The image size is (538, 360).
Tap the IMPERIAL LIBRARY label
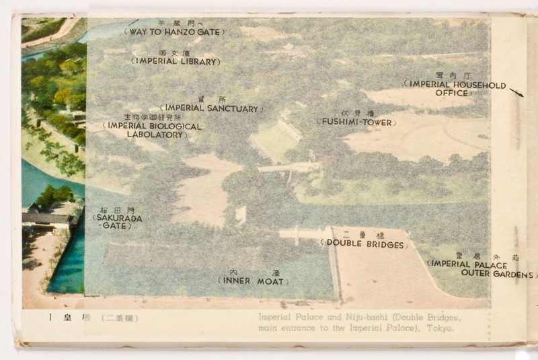pos(176,61)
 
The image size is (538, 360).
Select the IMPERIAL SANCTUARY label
pos(211,108)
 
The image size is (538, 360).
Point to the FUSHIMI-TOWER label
pos(356,122)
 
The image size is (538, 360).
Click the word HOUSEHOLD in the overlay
pos(479,85)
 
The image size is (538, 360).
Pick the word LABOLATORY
pos(155,135)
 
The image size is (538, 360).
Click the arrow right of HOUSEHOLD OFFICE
pos(516,92)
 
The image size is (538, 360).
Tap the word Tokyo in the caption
pos(440,328)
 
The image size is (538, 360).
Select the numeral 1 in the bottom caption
pos(50,318)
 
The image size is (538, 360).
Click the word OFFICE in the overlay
pos(451,93)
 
